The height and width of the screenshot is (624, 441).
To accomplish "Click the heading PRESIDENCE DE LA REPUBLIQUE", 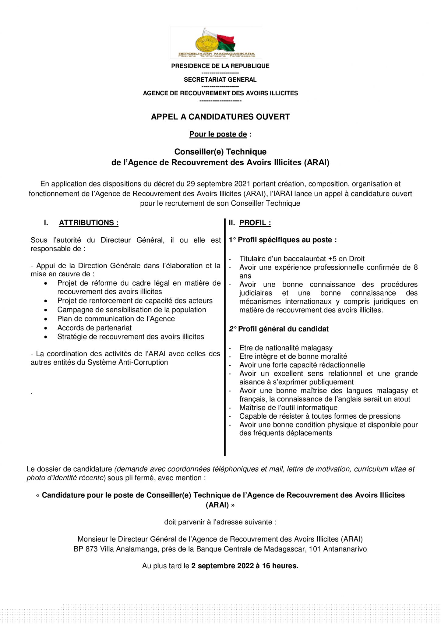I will click(220, 66).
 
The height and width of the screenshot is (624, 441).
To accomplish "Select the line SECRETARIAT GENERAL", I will click(220, 80).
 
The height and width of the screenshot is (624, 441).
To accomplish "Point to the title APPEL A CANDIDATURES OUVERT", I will click(220, 117).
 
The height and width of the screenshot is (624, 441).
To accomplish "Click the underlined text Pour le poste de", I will click(218, 134).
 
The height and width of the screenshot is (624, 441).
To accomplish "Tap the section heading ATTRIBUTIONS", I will click(89, 223).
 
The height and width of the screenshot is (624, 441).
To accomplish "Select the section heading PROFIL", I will click(255, 223).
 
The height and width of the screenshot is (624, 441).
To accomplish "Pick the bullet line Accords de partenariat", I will click(94, 328).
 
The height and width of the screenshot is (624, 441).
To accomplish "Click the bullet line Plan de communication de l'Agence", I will click(116, 319).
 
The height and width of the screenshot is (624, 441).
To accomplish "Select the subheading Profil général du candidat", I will click(283, 329).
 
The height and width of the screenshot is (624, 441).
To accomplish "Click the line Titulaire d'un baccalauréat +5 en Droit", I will click(302, 259).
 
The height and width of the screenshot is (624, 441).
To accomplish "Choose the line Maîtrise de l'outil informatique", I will click(288, 408).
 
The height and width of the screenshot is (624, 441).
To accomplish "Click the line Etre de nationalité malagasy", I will click(286, 348).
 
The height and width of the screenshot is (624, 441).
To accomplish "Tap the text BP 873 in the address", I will click(86, 549).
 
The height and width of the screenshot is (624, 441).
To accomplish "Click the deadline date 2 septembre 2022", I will click(223, 566).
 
